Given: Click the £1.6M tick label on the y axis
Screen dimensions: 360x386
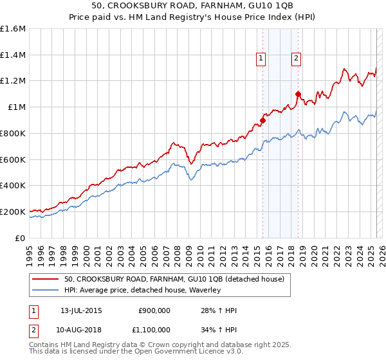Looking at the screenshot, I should coord(13,29).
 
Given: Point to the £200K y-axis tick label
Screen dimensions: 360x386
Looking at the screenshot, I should coord(13,212).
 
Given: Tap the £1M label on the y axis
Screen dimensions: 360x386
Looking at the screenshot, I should coord(17,107).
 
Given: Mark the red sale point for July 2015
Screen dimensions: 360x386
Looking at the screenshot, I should coord(263,120).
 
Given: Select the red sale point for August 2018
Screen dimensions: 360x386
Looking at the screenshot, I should coord(298,94).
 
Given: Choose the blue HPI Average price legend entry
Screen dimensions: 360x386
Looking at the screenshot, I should coord(142,291).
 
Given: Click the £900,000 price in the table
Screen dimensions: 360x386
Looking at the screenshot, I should coord(154,310).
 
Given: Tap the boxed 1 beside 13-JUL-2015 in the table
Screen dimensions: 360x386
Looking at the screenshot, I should coord(33,310).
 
